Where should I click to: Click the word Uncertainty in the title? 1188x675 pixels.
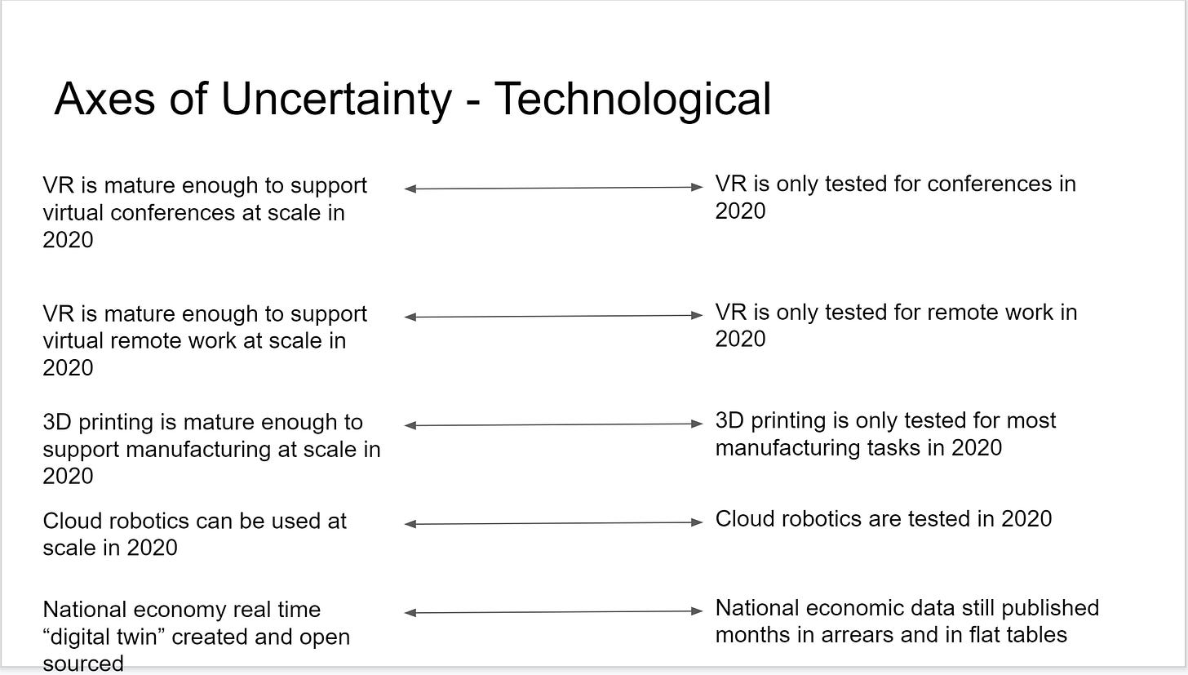[336, 100]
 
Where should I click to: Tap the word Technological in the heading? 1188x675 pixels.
[632, 100]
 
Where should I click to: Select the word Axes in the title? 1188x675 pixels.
[104, 100]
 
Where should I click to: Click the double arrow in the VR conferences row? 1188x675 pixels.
[553, 188]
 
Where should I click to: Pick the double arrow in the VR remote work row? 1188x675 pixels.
[553, 316]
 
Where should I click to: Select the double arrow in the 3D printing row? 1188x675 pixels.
[553, 424]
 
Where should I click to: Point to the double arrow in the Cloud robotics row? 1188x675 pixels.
[553, 523]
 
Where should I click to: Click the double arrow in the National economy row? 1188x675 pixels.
[553, 612]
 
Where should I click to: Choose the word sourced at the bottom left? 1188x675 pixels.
[83, 664]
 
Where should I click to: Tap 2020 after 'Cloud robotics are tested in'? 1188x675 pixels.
[1026, 519]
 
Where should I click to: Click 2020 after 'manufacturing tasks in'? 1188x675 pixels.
[977, 447]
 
